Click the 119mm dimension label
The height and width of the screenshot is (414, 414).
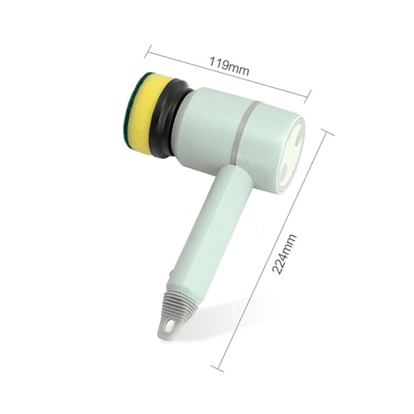229,66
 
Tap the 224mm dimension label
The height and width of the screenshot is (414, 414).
284,254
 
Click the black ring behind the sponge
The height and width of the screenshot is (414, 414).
168,118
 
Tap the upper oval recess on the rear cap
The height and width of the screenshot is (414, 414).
299,136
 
